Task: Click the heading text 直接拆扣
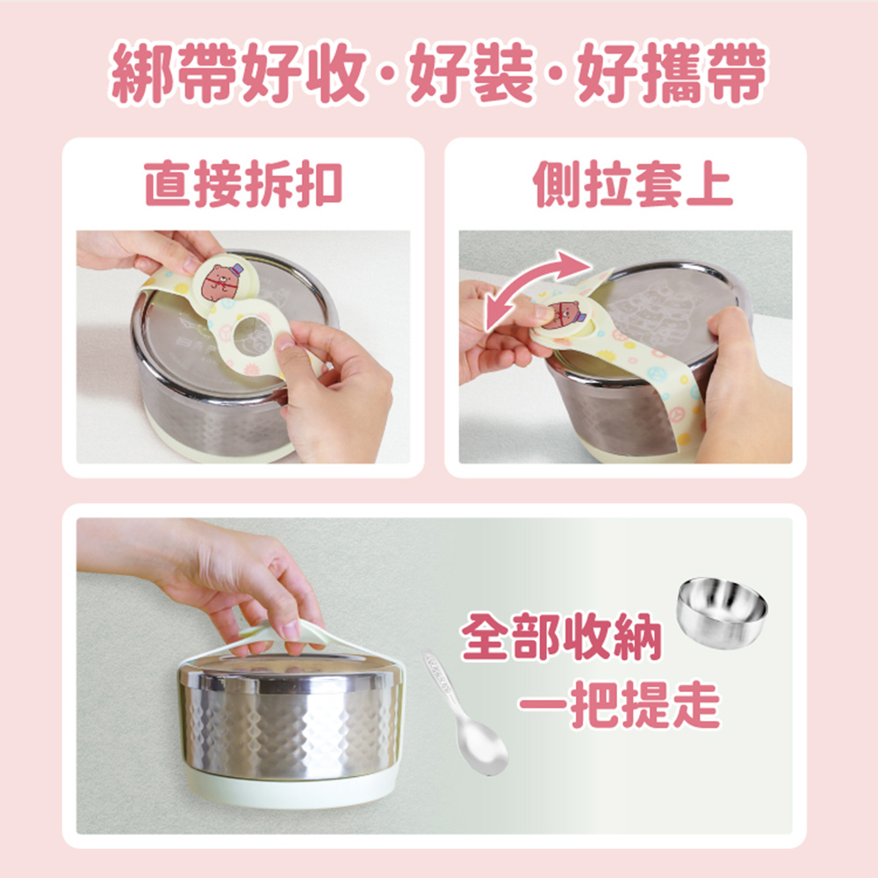click(x=243, y=184)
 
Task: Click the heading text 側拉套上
click(x=633, y=184)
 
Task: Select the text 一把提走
click(x=619, y=703)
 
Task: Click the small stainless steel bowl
click(x=722, y=611)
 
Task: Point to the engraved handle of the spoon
click(x=439, y=680)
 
